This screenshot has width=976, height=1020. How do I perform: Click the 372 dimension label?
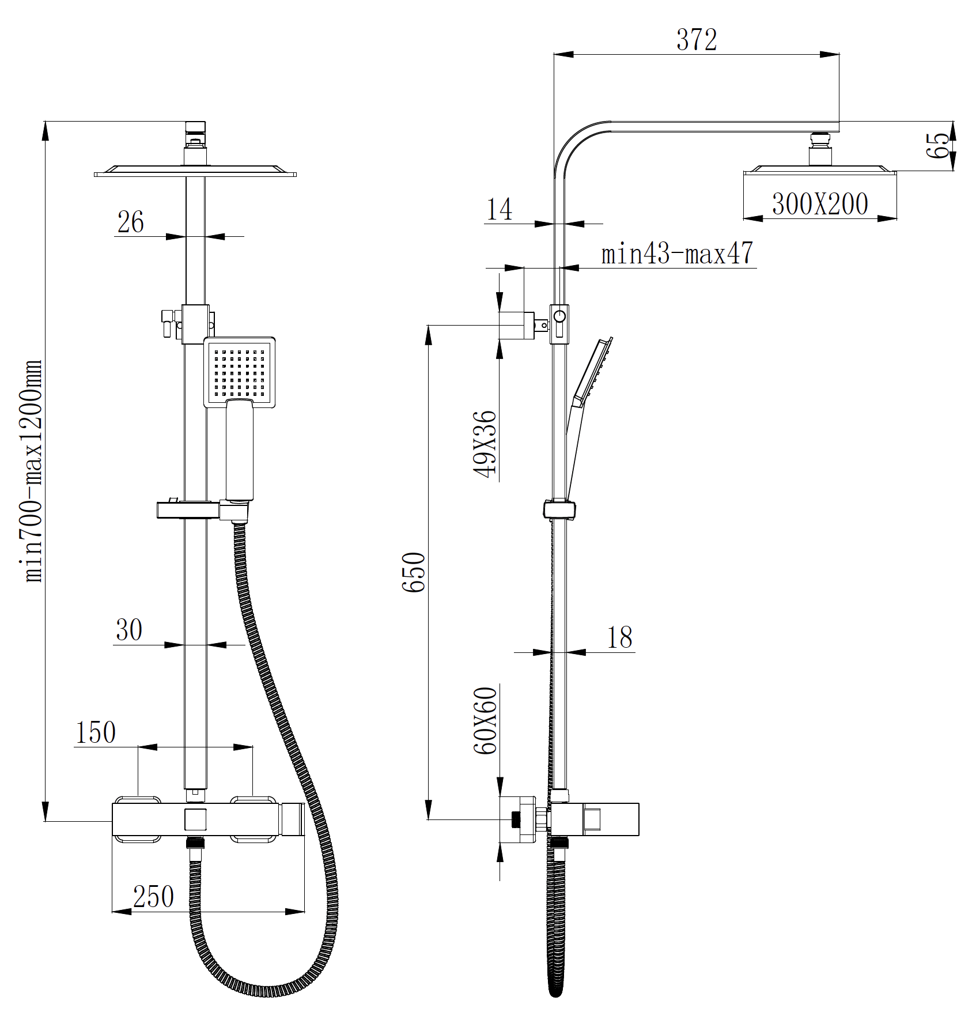click(697, 40)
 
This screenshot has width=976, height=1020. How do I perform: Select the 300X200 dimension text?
click(820, 204)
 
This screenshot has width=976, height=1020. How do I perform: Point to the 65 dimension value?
click(938, 145)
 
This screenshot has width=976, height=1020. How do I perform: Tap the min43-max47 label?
click(677, 253)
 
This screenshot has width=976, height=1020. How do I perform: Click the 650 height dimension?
click(414, 572)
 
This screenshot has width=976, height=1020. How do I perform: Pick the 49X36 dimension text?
click(485, 444)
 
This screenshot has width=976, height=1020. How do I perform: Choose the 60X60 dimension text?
click(485, 720)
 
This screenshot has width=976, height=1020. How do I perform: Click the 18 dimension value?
click(619, 637)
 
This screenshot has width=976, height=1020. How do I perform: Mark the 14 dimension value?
click(499, 209)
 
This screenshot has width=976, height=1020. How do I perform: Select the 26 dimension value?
click(130, 222)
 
